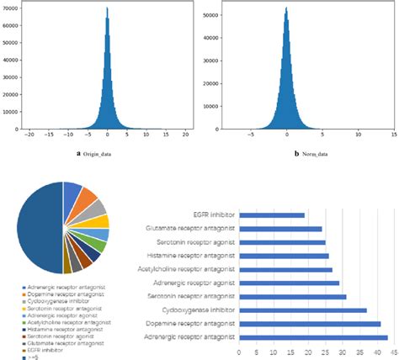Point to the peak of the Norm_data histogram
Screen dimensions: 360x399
pos(287,10)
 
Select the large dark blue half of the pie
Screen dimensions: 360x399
pos(38,227)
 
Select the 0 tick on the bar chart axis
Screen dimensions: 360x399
pos(239,353)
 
